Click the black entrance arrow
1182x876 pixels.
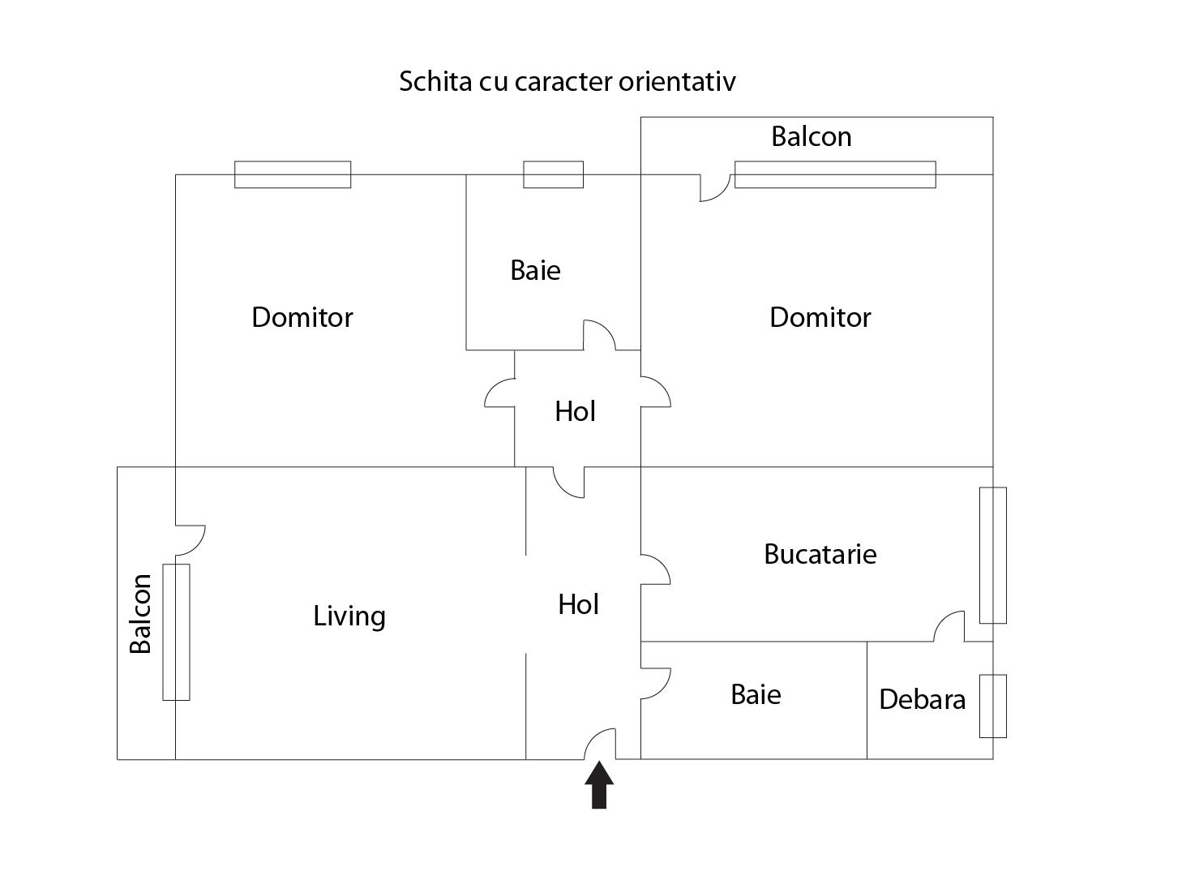599,785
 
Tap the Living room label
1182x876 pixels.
349,616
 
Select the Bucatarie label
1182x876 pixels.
820,554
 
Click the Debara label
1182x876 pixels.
922,699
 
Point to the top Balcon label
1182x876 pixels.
811,136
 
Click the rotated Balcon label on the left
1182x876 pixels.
141,613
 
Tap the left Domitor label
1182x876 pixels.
302,316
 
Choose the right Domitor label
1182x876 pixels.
820,316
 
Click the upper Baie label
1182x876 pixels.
535,270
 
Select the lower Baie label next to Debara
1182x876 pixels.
756,694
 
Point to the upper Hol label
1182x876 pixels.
575,412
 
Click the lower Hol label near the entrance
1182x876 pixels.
578,604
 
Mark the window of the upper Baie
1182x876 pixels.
553,174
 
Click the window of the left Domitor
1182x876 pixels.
293,174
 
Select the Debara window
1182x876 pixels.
992,706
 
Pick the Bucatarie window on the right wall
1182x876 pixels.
992,555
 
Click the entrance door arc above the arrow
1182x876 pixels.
601,744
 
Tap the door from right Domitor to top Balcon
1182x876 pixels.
713,188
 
